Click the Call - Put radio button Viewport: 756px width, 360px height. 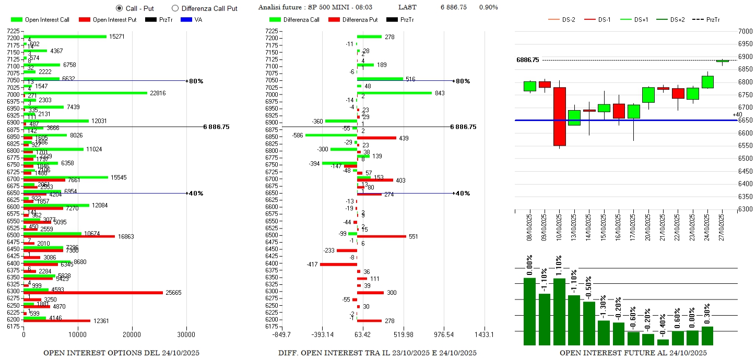point(119,8)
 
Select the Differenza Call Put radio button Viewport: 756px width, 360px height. point(175,8)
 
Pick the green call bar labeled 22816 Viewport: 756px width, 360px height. point(85,93)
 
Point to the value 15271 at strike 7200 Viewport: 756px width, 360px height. point(117,37)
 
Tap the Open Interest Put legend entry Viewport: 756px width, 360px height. point(115,20)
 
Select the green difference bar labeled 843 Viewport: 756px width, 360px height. point(394,93)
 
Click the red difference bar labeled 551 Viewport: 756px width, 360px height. point(381,236)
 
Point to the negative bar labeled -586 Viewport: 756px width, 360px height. point(331,135)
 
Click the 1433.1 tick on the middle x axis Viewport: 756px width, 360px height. point(485,334)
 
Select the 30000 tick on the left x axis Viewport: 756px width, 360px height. point(186,334)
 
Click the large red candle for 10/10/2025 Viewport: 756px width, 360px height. point(559,116)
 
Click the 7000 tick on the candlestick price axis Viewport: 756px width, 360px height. point(746,32)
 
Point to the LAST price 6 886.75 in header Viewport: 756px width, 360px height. point(453,7)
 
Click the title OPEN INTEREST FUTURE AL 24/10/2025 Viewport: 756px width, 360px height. point(633,353)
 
